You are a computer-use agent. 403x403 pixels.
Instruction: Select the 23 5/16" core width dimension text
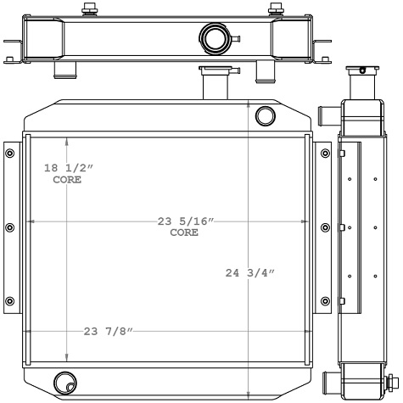[x=185, y=227]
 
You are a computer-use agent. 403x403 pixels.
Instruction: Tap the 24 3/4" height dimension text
[x=250, y=272]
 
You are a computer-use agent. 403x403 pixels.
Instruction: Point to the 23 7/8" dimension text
[x=109, y=331]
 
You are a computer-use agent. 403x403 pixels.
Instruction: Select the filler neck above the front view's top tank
[x=212, y=81]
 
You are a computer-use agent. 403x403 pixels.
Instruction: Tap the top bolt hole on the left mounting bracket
[x=10, y=154]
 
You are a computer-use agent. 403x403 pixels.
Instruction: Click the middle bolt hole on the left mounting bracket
[x=10, y=227]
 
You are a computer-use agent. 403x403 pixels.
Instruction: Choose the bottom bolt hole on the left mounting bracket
[x=10, y=301]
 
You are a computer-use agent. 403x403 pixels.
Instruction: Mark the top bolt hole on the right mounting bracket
[x=326, y=154]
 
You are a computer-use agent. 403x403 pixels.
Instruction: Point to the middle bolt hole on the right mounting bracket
[x=326, y=227]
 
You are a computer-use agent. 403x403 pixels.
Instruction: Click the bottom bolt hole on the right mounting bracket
[x=326, y=301]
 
